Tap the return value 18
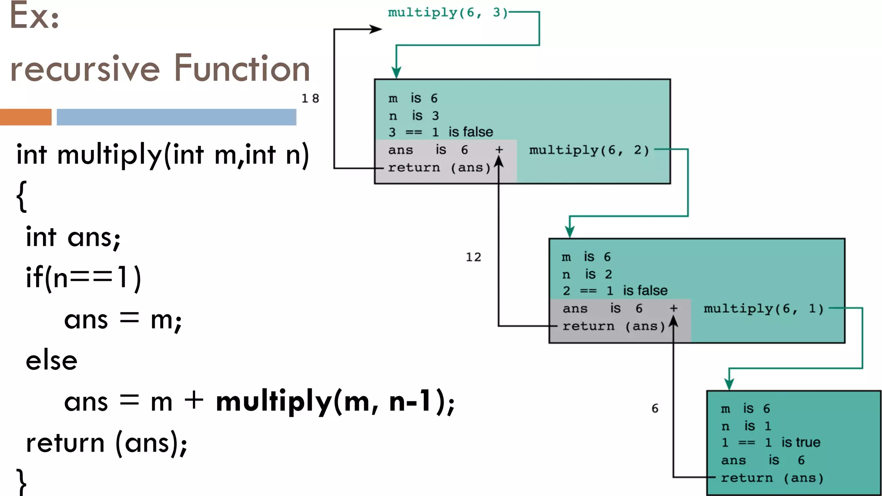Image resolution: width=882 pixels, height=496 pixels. [x=310, y=99]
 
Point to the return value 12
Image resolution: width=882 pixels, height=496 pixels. [x=473, y=257]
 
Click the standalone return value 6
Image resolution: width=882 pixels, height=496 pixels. [x=655, y=409]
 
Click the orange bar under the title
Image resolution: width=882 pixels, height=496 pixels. [x=25, y=117]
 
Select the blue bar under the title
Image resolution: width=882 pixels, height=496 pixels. [x=176, y=117]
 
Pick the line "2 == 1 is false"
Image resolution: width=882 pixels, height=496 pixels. [x=615, y=291]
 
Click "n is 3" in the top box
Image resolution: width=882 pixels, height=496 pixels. [x=413, y=116]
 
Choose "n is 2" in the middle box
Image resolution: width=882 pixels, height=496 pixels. [x=587, y=274]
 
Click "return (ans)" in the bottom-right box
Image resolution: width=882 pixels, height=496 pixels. [x=772, y=478]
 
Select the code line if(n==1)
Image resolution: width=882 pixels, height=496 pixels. [x=84, y=278]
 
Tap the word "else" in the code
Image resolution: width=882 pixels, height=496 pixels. [x=52, y=360]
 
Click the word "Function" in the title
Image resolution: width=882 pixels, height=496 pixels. [x=242, y=68]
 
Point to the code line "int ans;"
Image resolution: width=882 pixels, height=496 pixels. [x=73, y=237]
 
